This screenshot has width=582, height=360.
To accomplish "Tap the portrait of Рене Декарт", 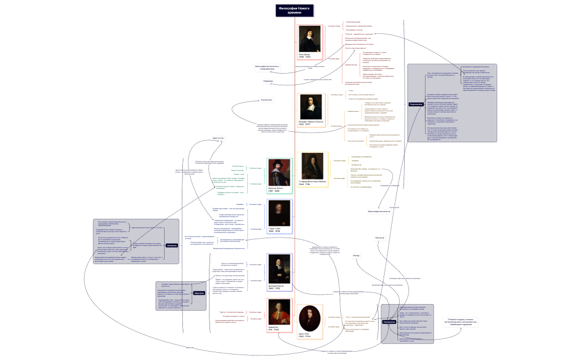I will pyautogui.click(x=309, y=40).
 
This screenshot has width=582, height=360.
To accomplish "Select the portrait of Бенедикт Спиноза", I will pyautogui.click(x=310, y=106).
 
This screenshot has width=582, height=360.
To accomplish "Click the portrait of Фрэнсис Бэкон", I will pyautogui.click(x=279, y=174).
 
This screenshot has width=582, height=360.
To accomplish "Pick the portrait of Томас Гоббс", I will pyautogui.click(x=279, y=214).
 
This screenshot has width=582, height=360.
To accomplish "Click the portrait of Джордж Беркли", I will pyautogui.click(x=279, y=268).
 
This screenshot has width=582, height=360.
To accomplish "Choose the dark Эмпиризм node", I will pyautogui.click(x=171, y=245).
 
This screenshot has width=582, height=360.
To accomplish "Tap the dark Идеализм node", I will pyautogui.click(x=200, y=293).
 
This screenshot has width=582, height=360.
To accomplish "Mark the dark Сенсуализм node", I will pyautogui.click(x=389, y=321).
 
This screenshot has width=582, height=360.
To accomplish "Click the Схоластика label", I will pyautogui.click(x=267, y=100).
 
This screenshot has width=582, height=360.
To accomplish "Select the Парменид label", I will pyautogui.click(x=268, y=81).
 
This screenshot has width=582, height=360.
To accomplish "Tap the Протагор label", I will pyautogui.click(x=380, y=237).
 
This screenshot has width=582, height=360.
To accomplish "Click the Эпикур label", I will pyautogui.click(x=356, y=255).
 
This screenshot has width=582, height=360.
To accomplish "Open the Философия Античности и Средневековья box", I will pyautogui.click(x=268, y=68).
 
